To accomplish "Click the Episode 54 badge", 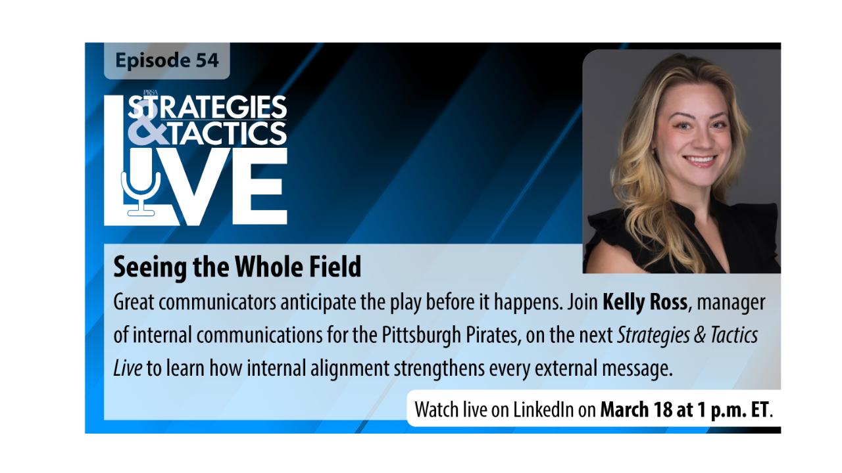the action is [x=167, y=60].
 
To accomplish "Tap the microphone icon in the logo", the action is [x=141, y=194].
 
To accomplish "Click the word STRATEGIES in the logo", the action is [x=207, y=106].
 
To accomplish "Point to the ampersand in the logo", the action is [x=148, y=132].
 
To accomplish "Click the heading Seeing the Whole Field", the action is [x=237, y=267].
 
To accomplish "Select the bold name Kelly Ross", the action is [x=645, y=302].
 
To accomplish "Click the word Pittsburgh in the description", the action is [x=422, y=335].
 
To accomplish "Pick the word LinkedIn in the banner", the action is [x=543, y=409].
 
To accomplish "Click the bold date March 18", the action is [x=636, y=409].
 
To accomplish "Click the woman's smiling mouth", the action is [x=701, y=160].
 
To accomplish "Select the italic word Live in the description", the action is [x=128, y=368].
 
